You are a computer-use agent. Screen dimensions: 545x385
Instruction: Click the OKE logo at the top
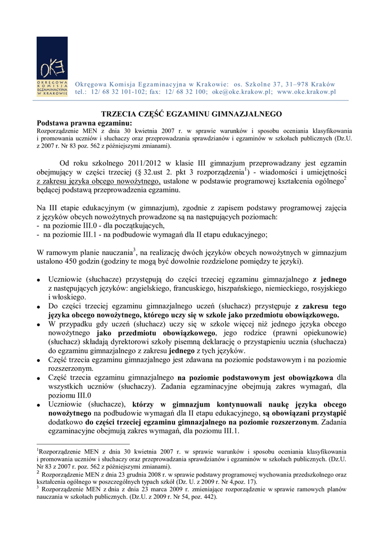[52, 66]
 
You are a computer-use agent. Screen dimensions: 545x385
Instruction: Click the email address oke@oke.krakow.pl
[242, 92]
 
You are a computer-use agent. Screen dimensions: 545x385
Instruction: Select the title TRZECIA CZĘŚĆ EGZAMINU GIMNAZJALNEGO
[191, 114]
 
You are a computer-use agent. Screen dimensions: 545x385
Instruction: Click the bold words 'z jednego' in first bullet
[330, 279]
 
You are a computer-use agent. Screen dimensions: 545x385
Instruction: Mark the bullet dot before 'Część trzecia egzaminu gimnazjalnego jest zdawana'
[39, 360]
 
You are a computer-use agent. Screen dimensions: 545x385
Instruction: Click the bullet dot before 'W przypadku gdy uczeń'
[39, 324]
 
